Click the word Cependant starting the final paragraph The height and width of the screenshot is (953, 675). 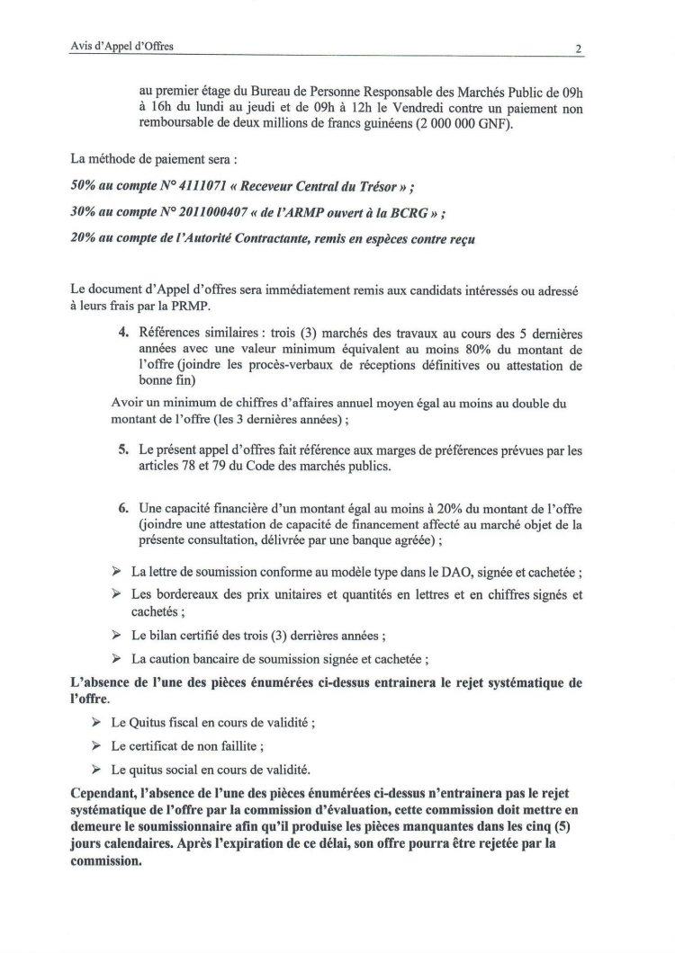pos(103,793)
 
